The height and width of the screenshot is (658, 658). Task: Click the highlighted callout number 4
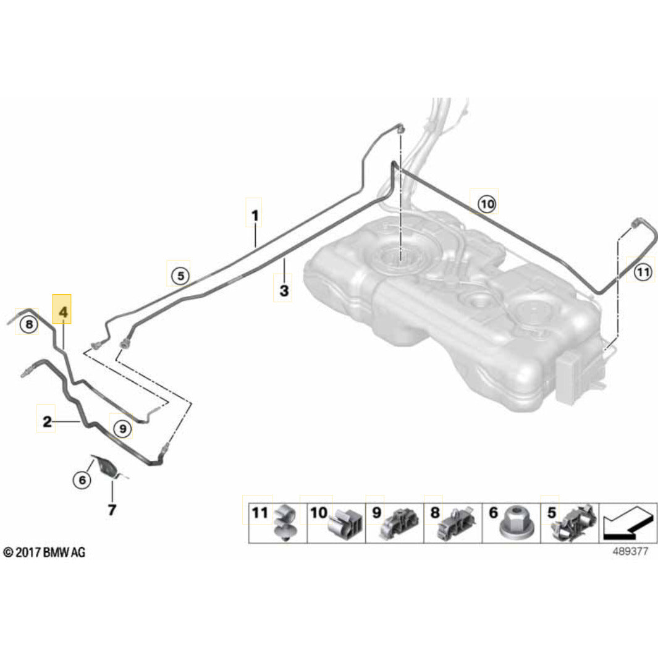(62, 313)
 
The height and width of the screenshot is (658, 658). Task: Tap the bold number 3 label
(284, 291)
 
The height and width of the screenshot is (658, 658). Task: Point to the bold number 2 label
(47, 423)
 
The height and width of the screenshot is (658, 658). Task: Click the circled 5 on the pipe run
(180, 276)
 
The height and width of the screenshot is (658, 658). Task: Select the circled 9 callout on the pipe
(122, 427)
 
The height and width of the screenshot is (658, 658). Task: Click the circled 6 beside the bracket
(81, 479)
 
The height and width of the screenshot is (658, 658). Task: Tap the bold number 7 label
(112, 510)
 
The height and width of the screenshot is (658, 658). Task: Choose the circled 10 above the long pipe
(486, 203)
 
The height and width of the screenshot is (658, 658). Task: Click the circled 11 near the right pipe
(643, 271)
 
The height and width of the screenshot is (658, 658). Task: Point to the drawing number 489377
(630, 552)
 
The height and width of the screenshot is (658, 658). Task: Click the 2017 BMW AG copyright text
(43, 552)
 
